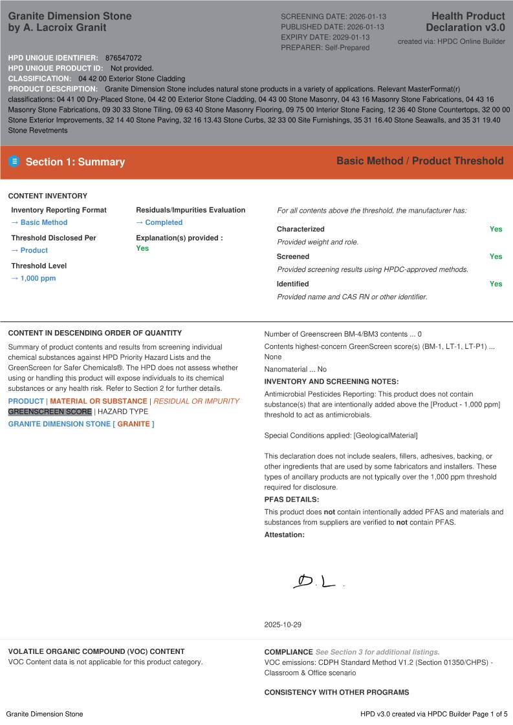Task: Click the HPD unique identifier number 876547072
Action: click(x=124, y=58)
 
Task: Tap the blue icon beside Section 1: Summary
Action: click(x=14, y=162)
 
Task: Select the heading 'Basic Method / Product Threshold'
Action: click(x=419, y=161)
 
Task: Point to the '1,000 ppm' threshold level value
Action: click(x=34, y=278)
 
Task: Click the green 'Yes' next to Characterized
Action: click(x=496, y=229)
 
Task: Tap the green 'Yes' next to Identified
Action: click(x=496, y=284)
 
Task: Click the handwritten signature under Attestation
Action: click(x=316, y=582)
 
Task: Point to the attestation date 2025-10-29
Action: click(x=283, y=625)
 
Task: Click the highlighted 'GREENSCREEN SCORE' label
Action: click(x=50, y=412)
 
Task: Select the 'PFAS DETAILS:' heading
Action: click(x=292, y=499)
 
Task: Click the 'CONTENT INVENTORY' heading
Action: click(x=48, y=196)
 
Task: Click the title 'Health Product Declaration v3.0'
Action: click(x=465, y=21)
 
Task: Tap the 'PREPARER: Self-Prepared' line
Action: click(x=325, y=48)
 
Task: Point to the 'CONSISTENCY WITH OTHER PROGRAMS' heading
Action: click(x=336, y=693)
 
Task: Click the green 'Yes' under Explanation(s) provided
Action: click(x=142, y=248)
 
